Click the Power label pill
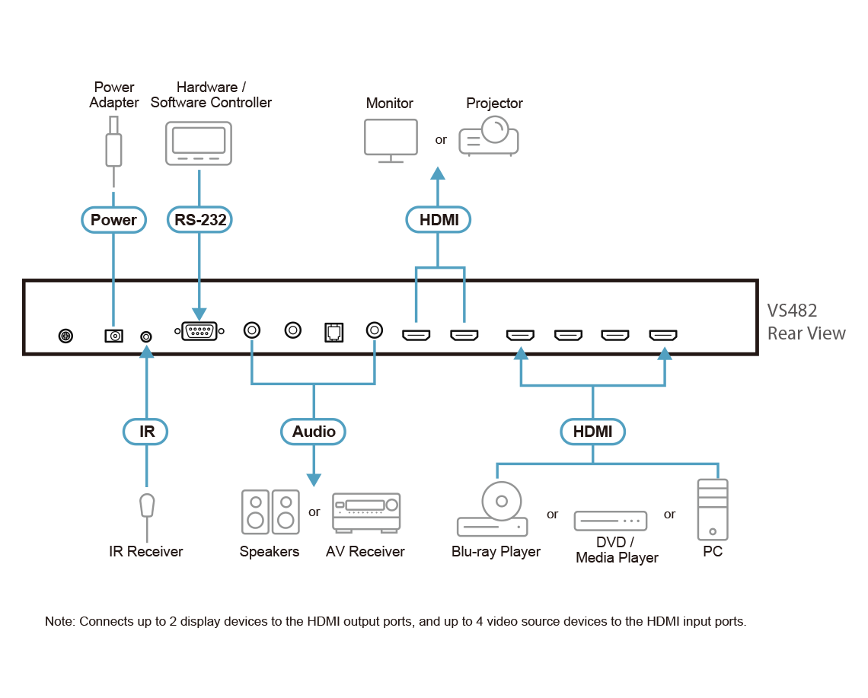113,220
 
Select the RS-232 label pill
199,220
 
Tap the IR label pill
146,432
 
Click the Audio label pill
314,432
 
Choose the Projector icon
489,136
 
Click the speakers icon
270,511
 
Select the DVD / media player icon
611,521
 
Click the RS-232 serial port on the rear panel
199,332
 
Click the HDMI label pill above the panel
439,220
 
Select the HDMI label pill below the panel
592,432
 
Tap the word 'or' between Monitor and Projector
441,140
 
